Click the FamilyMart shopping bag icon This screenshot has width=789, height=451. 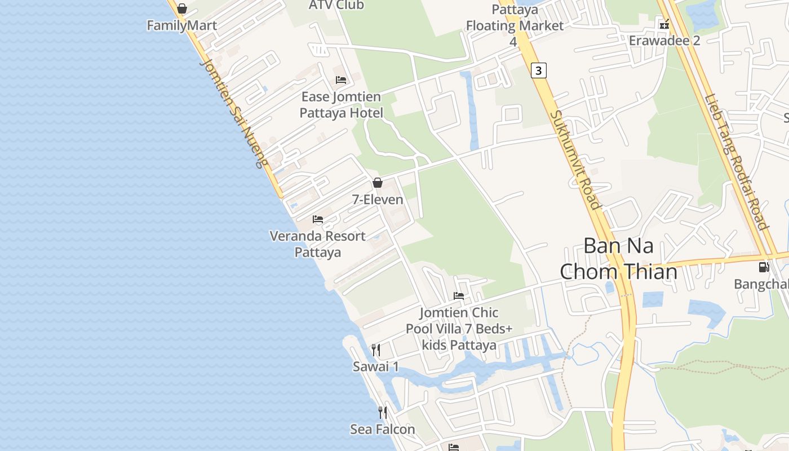181,9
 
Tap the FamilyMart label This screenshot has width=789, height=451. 181,25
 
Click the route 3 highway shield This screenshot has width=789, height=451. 539,70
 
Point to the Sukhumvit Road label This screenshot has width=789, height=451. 575,160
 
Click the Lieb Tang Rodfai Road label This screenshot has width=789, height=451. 736,161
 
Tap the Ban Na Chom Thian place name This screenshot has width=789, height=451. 618,259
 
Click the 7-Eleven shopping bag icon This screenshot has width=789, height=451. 378,183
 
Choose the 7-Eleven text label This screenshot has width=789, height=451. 378,200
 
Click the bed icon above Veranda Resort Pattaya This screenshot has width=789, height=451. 318,219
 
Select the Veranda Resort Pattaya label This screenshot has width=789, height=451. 318,244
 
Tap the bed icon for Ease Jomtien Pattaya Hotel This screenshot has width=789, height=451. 341,79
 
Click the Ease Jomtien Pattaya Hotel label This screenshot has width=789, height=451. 341,105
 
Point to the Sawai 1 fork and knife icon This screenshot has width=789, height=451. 376,350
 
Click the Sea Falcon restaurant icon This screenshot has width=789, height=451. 383,413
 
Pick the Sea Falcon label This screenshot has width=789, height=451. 383,430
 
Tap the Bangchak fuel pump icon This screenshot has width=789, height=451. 764,267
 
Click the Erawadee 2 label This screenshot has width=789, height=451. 664,41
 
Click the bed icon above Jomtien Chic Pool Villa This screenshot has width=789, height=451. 459,296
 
